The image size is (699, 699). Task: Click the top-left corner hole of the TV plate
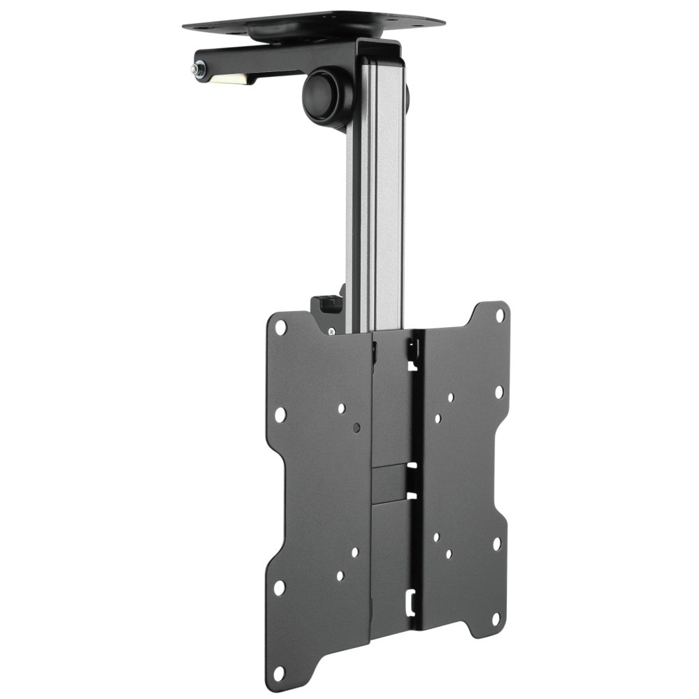281,326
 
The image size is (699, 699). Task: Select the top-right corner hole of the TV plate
500,315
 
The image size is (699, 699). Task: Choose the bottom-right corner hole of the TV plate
496,619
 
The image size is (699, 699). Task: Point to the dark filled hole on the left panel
357,426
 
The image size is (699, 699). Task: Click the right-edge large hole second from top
499,392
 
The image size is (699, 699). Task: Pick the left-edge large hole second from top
280,415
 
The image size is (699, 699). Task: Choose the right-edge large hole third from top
497,542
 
